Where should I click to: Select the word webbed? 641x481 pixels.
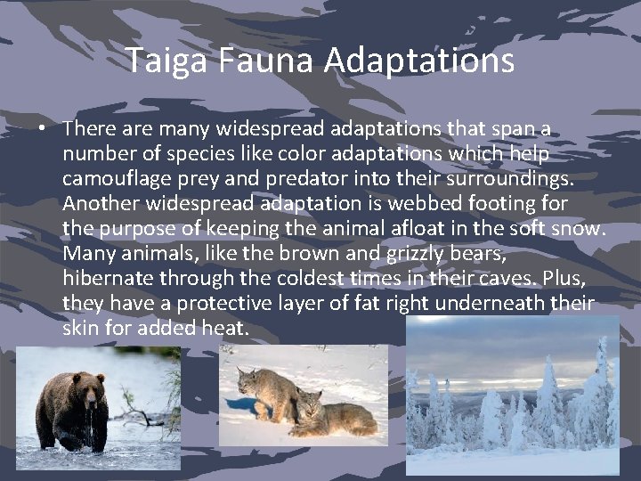tap(415, 204)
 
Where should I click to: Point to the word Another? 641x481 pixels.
tap(101, 204)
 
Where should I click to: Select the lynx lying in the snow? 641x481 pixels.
tap(334, 414)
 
